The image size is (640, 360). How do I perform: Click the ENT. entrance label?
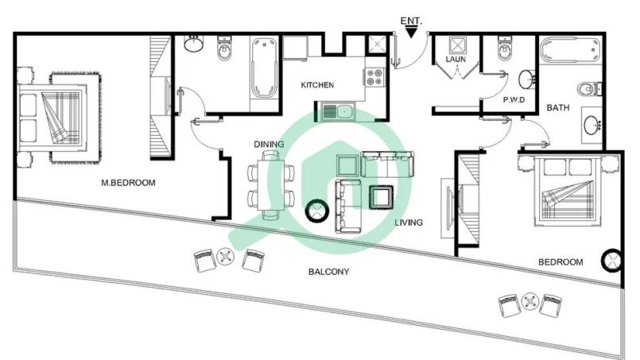411,21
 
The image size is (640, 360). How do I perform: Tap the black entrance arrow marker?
412,33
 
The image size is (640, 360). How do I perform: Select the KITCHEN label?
317,85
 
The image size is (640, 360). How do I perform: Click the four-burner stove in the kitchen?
374,76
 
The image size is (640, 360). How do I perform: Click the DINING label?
269,144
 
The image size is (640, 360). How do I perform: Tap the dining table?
270,185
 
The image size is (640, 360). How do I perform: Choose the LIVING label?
409,223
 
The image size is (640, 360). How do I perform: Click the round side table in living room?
317,211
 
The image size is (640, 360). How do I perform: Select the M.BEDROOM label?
128,183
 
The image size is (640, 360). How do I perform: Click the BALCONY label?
328,272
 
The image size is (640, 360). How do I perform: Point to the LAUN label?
456,59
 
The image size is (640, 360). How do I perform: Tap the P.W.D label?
514,99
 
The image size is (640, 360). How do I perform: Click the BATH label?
557,108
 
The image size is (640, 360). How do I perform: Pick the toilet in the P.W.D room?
505,48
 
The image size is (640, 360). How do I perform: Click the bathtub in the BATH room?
571,50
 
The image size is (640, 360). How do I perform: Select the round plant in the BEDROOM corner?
613,260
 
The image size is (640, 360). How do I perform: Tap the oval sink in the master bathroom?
192,44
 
